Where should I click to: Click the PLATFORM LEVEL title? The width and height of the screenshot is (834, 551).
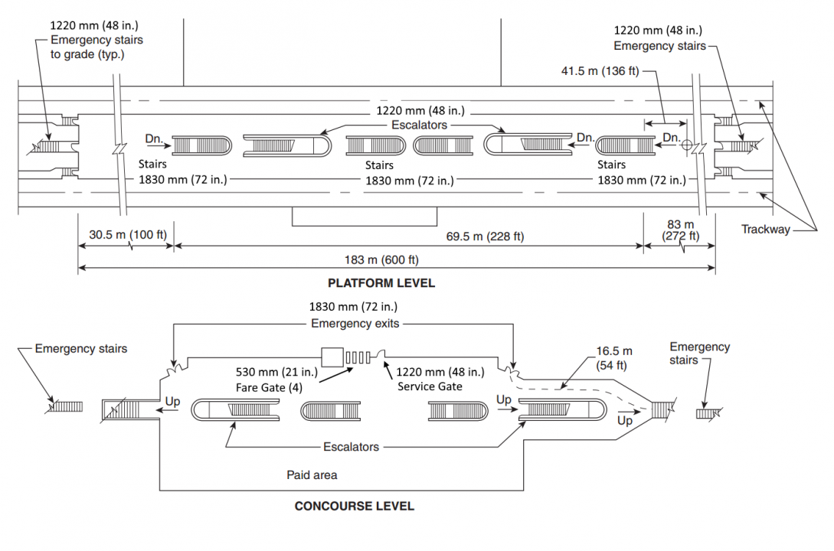tap(381, 283)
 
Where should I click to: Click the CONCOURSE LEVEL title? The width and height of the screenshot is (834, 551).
tap(355, 507)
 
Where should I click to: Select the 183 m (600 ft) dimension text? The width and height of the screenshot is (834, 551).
tap(381, 260)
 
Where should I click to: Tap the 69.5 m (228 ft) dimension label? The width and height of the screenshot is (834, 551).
tap(485, 236)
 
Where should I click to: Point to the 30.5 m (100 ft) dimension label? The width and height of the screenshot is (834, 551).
tap(128, 235)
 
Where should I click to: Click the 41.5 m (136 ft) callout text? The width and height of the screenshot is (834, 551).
tap(600, 71)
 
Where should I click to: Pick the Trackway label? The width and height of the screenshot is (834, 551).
tap(765, 230)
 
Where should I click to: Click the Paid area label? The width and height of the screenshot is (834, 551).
tap(312, 475)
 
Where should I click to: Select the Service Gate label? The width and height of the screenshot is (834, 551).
tap(430, 386)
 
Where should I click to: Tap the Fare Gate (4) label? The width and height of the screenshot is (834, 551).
tap(269, 388)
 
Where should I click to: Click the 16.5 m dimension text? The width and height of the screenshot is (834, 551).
tap(613, 351)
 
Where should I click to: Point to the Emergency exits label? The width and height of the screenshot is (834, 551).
tap(355, 324)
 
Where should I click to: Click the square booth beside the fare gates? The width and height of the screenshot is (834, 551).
tap(332, 357)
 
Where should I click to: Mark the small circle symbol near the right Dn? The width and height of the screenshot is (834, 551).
tap(687, 145)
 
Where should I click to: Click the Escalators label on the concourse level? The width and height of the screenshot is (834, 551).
tap(351, 447)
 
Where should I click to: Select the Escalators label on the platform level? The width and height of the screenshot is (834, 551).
tap(419, 125)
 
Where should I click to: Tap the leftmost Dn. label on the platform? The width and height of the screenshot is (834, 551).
tap(154, 139)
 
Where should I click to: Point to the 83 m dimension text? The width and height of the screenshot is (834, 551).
tap(680, 224)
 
